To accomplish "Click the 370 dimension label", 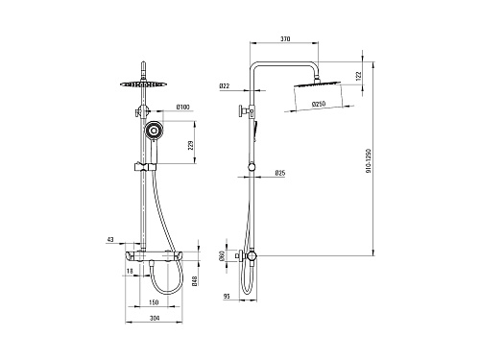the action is point(285,39).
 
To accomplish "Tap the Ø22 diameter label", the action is point(225,86).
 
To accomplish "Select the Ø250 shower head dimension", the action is point(319,104).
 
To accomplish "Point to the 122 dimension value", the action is point(358,75).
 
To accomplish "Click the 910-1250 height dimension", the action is point(369,160).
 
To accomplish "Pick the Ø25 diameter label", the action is point(280,173).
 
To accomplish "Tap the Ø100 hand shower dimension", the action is point(182,107).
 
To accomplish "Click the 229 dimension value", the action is point(191,146).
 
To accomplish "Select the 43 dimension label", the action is point(110,239).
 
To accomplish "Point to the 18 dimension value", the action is point(130,271).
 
